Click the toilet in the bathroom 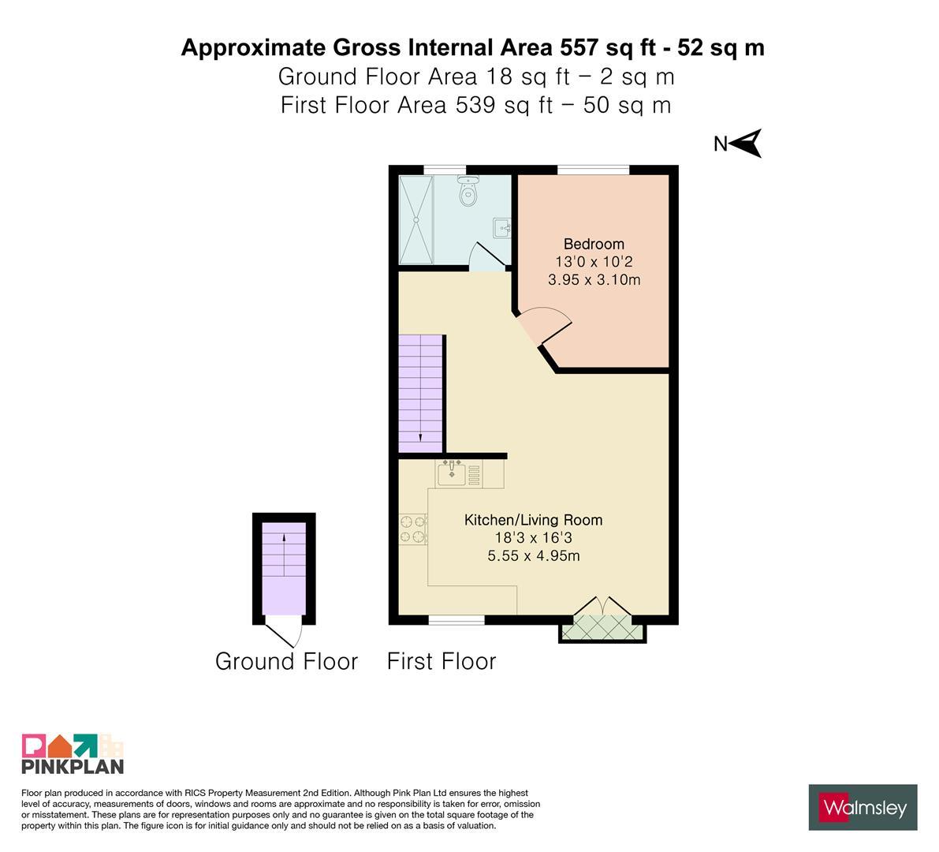(x=468, y=190)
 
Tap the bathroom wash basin (x=502, y=228)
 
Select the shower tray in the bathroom (x=415, y=219)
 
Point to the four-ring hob (x=413, y=529)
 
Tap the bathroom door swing (x=486, y=256)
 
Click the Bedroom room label (x=594, y=244)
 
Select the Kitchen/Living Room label (x=534, y=519)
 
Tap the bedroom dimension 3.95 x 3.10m (x=594, y=279)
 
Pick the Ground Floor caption (x=286, y=661)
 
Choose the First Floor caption (x=442, y=661)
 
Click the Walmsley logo (x=863, y=808)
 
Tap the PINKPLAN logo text (x=73, y=766)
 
